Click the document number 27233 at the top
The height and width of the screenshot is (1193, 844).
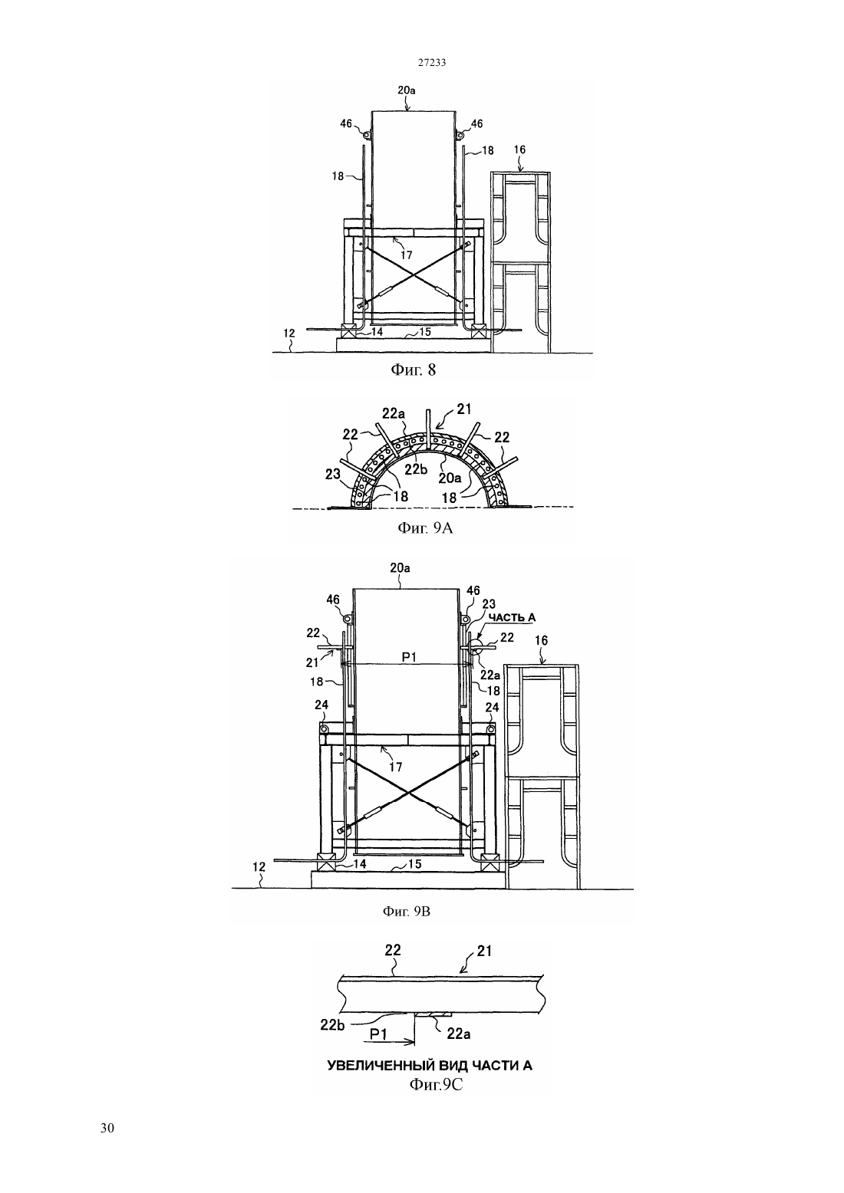click(x=432, y=62)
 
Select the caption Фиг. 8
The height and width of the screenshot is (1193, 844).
click(x=414, y=370)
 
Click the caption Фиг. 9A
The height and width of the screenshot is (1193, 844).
click(x=425, y=527)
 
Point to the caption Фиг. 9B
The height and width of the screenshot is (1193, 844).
click(x=407, y=912)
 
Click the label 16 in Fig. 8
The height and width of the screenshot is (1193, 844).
click(x=519, y=150)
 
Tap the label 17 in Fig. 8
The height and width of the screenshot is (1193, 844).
click(x=407, y=255)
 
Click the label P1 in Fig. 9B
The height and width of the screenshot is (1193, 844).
click(x=409, y=658)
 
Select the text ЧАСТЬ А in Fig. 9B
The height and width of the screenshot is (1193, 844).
click(x=512, y=617)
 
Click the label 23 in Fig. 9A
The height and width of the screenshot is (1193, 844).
click(x=333, y=474)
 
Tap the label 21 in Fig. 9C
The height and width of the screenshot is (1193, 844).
click(x=484, y=951)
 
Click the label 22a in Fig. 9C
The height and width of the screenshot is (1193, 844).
click(x=459, y=1034)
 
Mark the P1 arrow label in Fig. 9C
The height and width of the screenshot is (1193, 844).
click(x=378, y=1034)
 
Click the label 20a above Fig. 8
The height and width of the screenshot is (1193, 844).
click(x=407, y=90)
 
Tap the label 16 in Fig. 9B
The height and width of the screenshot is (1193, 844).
click(x=542, y=641)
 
